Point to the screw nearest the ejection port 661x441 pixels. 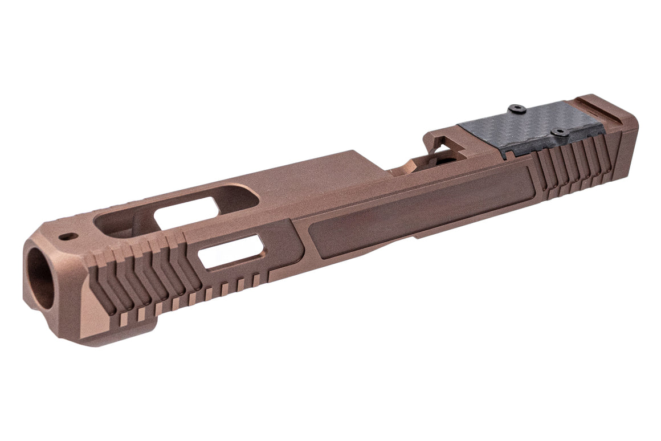(517, 108)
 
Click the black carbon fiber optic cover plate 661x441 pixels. (530, 128)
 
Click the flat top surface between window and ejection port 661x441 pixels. (319, 182)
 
